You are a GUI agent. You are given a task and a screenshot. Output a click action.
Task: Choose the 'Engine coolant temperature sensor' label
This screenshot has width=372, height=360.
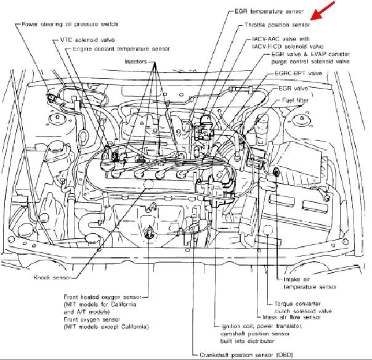pyautogui.click(x=121, y=48)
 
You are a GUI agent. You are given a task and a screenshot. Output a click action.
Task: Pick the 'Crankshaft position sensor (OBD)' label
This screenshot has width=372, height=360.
pyautogui.click(x=241, y=354)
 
